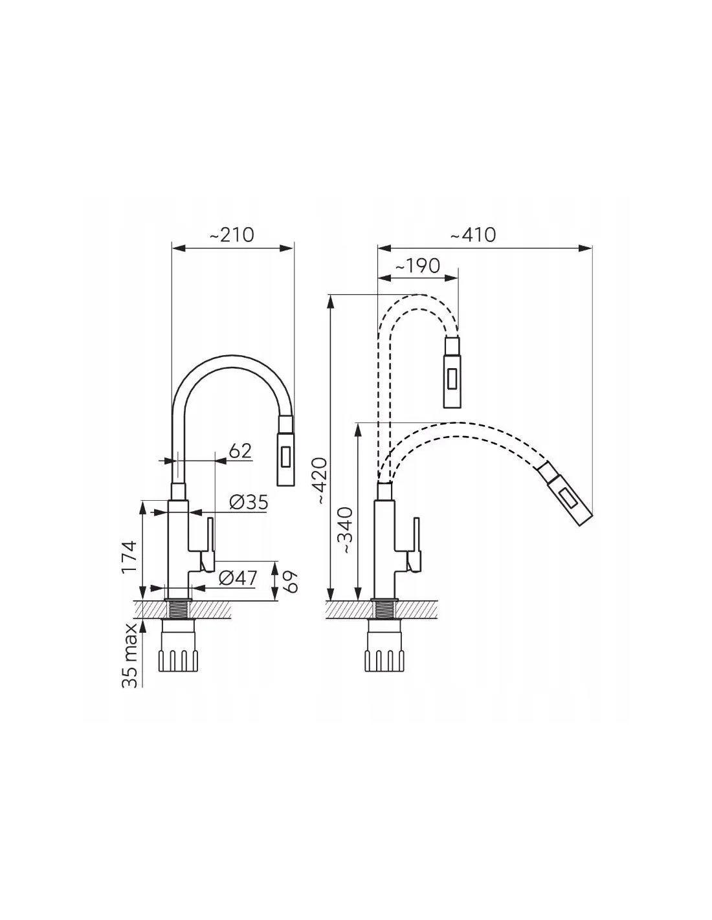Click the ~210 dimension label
(232, 235)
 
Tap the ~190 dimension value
(417, 266)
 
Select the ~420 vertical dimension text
(322, 481)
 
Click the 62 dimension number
(240, 451)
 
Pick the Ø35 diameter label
(249, 503)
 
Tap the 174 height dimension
(129, 556)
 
